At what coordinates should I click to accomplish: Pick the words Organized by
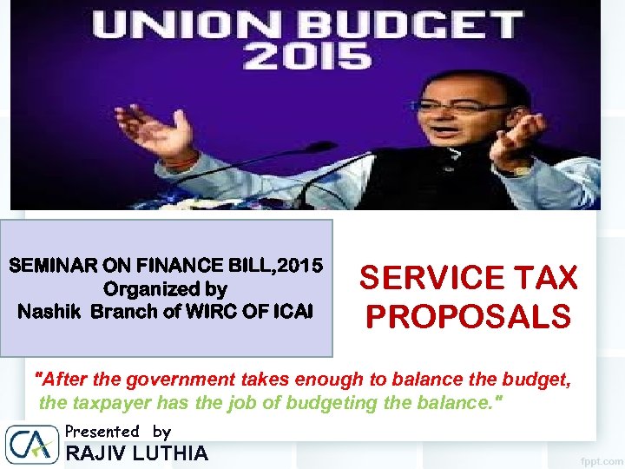pos(165,288)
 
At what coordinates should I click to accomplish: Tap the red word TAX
pos(545,279)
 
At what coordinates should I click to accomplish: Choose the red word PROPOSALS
pos(469,317)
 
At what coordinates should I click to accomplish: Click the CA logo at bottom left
pos(31,446)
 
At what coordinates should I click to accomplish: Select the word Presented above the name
pos(102,432)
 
